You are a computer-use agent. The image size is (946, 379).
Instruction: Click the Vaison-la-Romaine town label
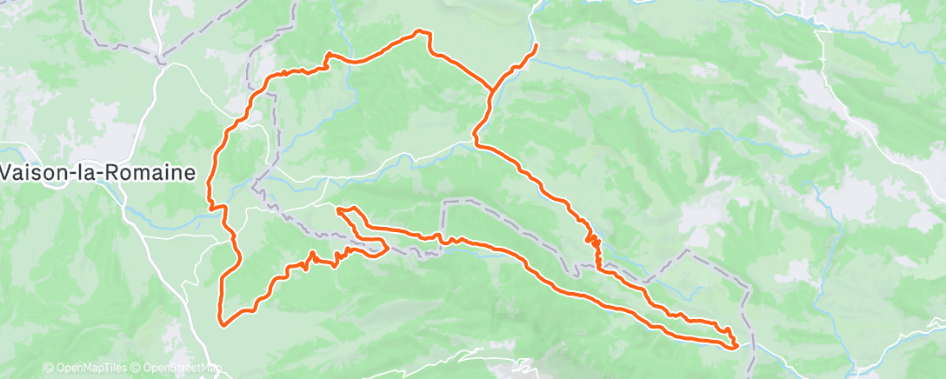coord(97,172)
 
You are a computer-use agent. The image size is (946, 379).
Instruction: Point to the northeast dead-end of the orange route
coord(536,44)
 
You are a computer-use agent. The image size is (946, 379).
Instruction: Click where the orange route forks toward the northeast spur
coord(492,89)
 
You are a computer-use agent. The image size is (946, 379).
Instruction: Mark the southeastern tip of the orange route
coord(737,346)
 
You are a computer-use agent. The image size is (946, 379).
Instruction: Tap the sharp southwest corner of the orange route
coord(223,325)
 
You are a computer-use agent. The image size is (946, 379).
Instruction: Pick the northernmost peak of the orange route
coord(423,32)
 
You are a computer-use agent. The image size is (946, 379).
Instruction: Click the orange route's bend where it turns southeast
coord(475,139)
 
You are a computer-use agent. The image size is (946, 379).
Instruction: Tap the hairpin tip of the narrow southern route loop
coord(385,249)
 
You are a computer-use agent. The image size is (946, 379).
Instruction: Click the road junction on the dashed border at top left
coord(162,62)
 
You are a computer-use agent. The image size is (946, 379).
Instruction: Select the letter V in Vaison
coord(7,172)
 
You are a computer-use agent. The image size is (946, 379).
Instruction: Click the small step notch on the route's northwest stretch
coord(328,59)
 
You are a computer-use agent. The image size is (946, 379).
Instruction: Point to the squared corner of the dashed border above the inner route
coord(445,202)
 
